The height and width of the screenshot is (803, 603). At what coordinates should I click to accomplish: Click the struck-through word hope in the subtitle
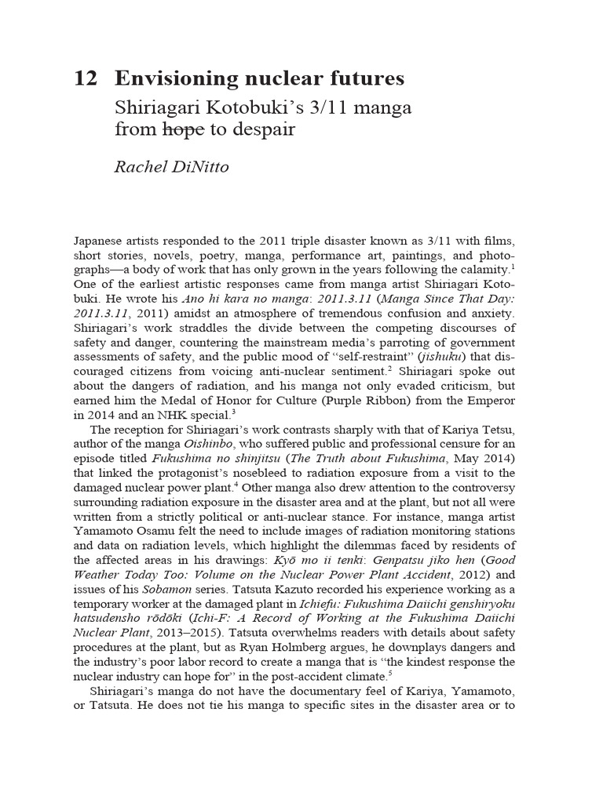point(182,129)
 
